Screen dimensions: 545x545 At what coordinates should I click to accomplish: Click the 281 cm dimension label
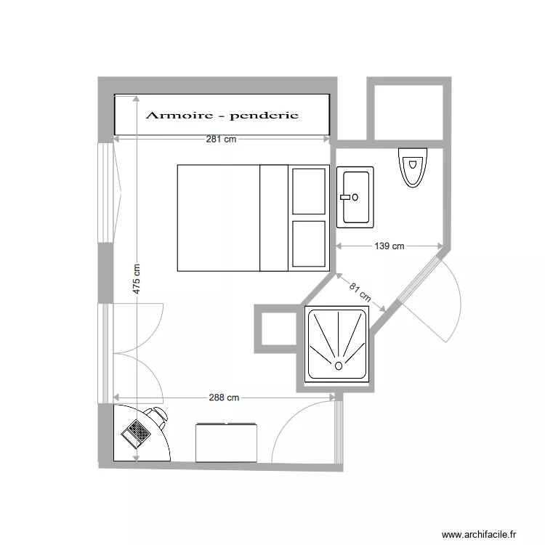221,140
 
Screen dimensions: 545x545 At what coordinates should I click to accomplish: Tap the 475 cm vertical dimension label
137,278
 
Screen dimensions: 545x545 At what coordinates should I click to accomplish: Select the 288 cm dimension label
224,397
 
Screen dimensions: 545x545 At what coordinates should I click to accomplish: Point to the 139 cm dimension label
389,246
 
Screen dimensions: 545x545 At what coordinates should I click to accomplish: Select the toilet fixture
412,167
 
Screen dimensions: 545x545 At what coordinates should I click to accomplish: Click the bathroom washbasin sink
355,195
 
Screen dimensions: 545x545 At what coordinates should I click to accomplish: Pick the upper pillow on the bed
308,191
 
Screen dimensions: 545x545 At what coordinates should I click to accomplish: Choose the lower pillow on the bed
308,244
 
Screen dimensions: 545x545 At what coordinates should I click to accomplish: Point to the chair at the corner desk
157,416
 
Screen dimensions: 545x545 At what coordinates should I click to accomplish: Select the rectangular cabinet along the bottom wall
227,442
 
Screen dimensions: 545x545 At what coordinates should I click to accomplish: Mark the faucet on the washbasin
347,196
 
